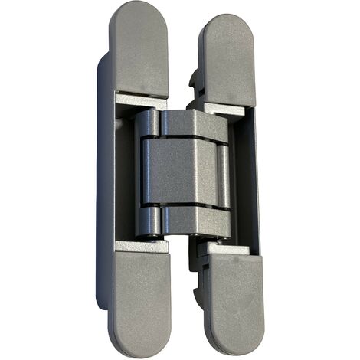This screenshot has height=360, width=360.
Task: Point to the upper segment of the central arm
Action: click(188, 124)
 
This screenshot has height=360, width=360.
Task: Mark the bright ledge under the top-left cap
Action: click(140, 100)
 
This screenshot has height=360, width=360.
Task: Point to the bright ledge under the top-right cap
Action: click(224, 108)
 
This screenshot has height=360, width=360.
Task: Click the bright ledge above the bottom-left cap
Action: click(141, 247)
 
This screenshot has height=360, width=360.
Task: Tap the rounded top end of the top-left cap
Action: click(138, 11)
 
